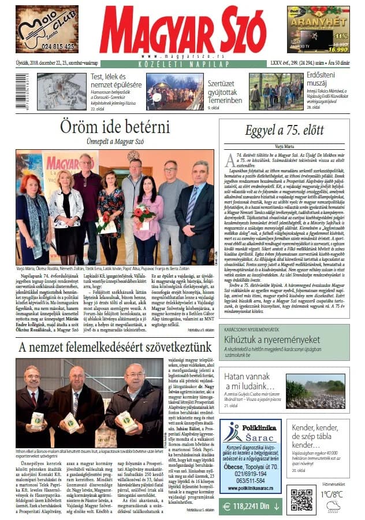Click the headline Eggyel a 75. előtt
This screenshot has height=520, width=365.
(x=284, y=130)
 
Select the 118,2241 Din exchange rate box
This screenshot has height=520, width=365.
(x=250, y=506)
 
